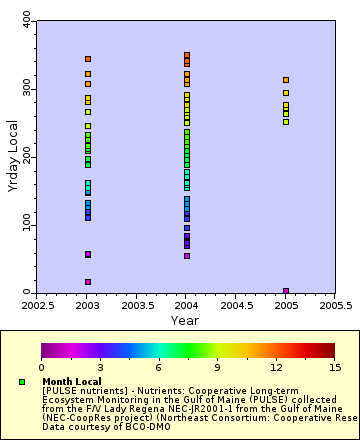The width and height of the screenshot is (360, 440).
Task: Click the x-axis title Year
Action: (184, 320)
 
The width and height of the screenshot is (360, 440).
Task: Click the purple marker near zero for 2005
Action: (286, 291)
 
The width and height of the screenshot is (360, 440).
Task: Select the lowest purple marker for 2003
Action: (88, 282)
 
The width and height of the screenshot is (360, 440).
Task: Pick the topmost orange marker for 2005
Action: (286, 80)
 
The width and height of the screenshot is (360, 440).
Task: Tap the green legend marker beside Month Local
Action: (22, 382)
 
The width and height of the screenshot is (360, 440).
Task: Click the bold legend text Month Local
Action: (73, 382)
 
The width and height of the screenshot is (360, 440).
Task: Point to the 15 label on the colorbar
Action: (335, 367)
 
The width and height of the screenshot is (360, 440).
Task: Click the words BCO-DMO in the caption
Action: (118, 427)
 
